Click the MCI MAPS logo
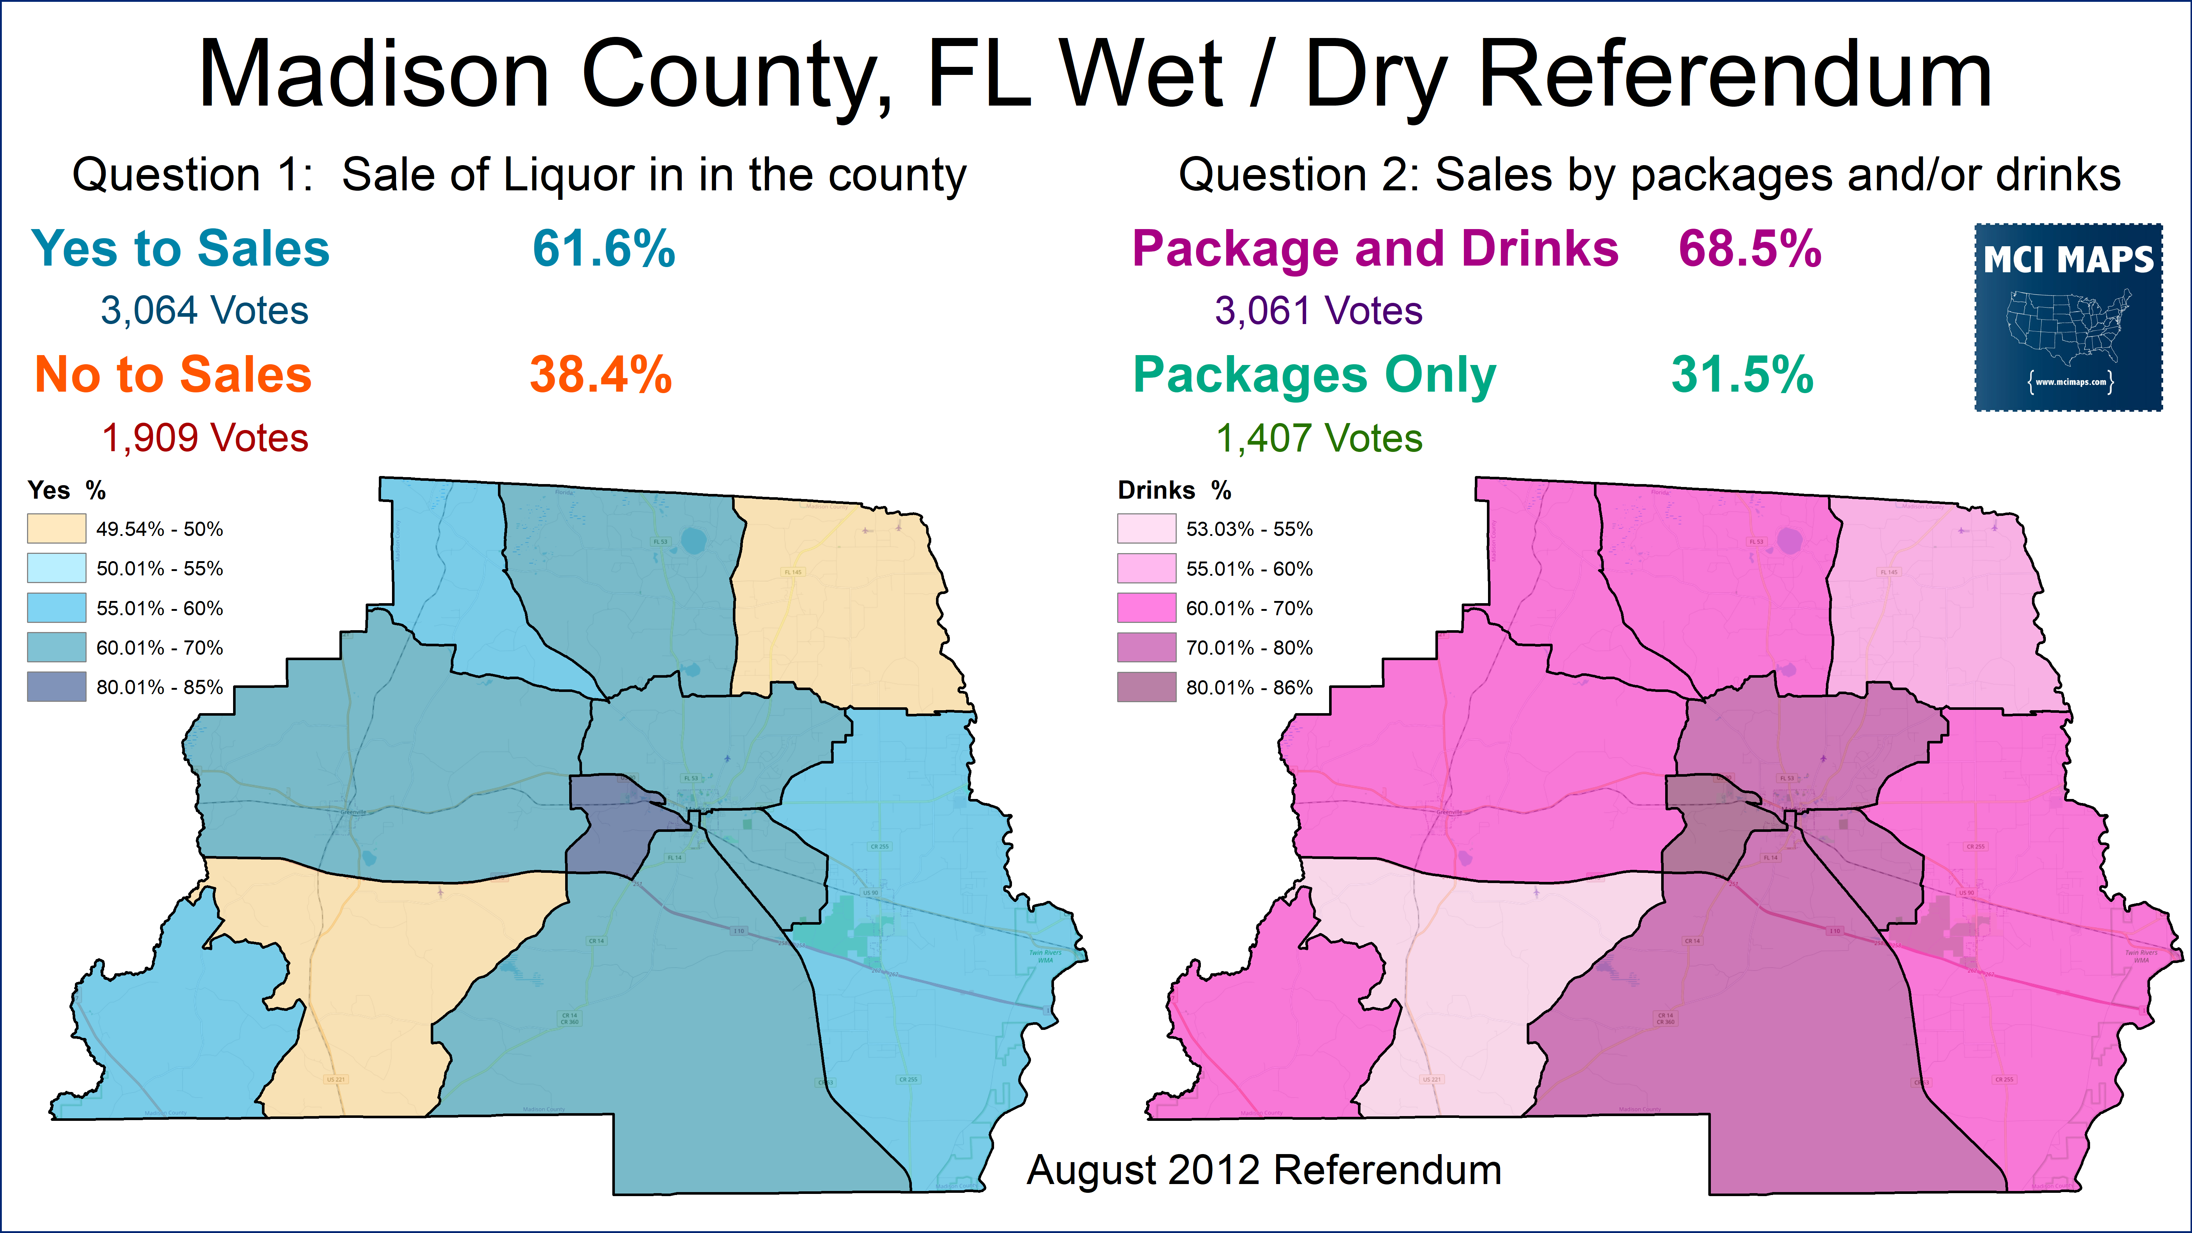click(x=2068, y=317)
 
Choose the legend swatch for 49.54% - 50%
click(x=56, y=528)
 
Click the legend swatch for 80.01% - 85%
click(x=56, y=687)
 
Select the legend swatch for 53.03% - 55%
click(x=1146, y=528)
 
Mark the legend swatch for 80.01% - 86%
click(x=1146, y=687)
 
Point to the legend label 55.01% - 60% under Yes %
click(x=159, y=608)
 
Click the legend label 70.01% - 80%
click(x=1249, y=648)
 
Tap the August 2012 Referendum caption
click(x=1264, y=1170)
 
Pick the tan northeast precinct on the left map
click(x=842, y=613)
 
